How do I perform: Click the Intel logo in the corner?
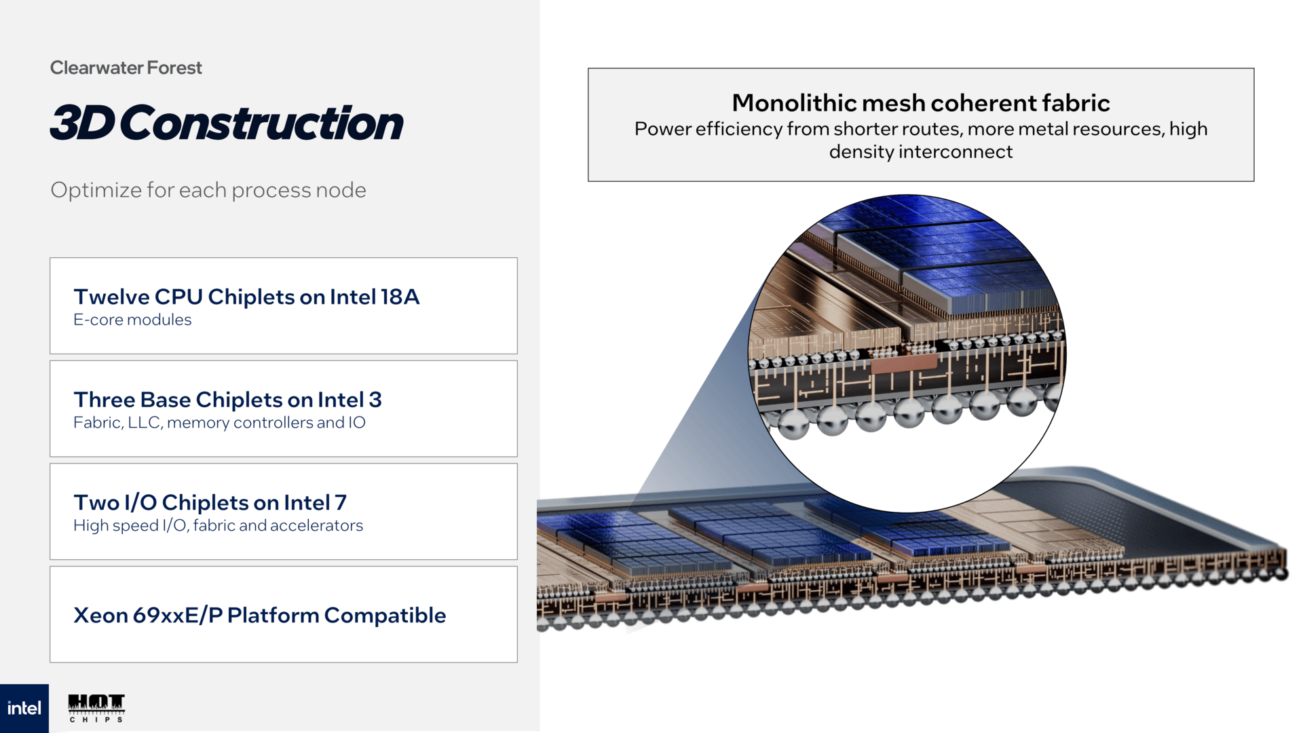click(24, 708)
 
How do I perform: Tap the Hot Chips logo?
click(96, 707)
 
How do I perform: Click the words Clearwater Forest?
click(126, 68)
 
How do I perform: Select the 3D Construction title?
click(227, 124)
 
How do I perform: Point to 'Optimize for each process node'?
click(208, 190)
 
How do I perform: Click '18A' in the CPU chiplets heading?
click(400, 297)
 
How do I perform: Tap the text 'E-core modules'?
click(132, 320)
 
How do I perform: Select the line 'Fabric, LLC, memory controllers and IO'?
click(219, 423)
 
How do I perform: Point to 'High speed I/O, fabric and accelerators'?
click(218, 525)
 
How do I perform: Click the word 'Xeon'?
click(100, 615)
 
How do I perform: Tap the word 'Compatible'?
click(385, 615)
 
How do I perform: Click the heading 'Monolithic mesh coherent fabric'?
click(920, 103)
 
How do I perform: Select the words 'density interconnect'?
click(920, 152)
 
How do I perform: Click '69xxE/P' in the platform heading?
click(178, 615)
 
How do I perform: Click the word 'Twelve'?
click(111, 297)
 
